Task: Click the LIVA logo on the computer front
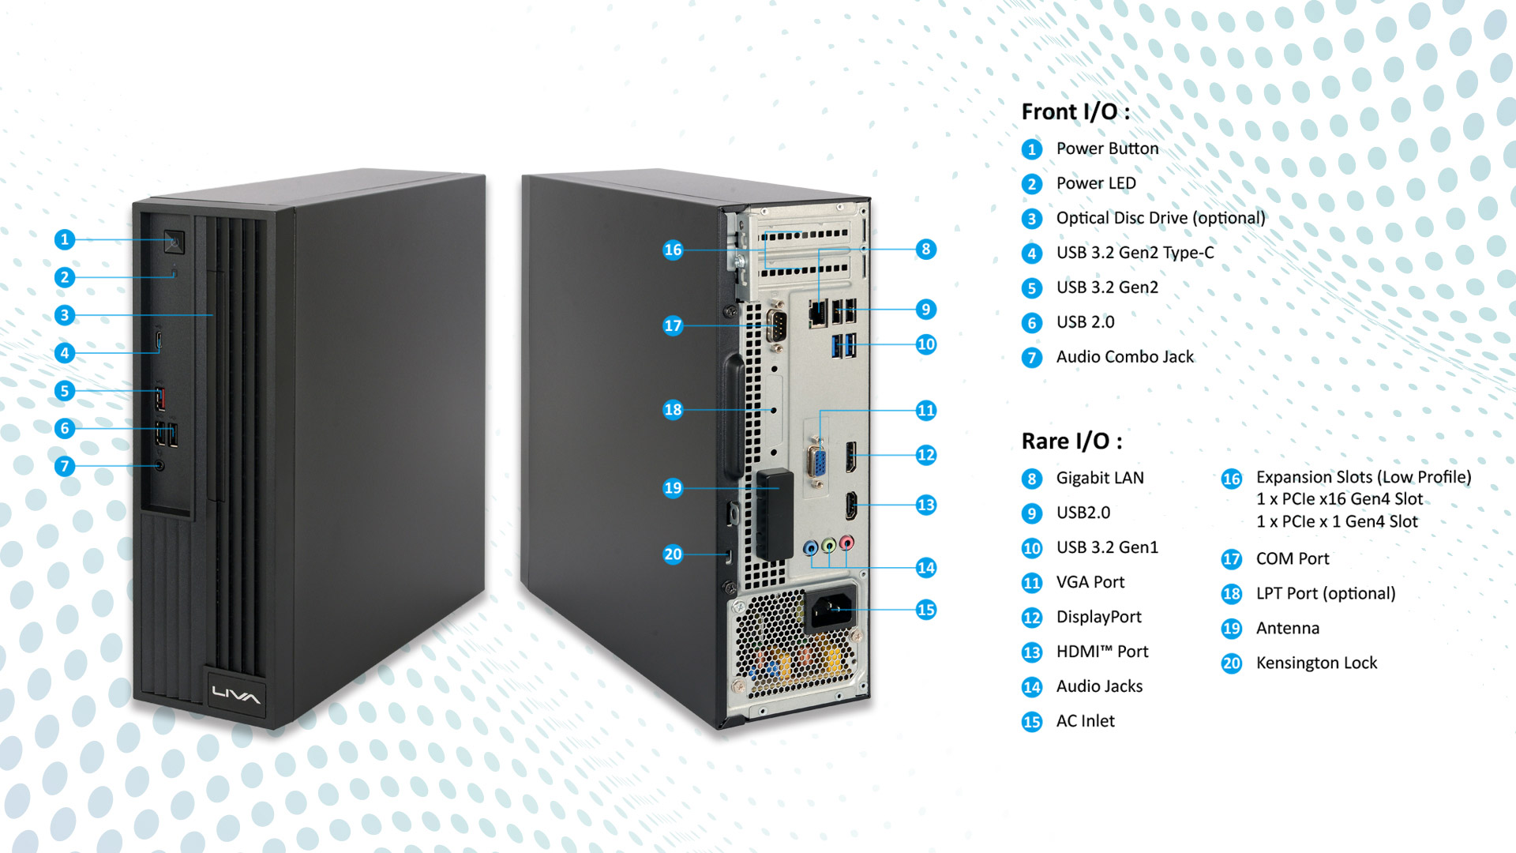[235, 695]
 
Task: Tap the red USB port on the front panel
[160, 397]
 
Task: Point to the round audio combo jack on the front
[160, 465]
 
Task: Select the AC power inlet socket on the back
[831, 609]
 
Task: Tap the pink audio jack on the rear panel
[846, 543]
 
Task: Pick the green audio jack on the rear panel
[828, 545]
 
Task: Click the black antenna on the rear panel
[775, 516]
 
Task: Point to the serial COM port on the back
[775, 325]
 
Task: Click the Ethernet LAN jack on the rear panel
[818, 314]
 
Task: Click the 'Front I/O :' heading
[1075, 111]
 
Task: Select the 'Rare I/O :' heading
[1071, 441]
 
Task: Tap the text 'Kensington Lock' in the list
[1316, 663]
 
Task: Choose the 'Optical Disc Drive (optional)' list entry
[1161, 218]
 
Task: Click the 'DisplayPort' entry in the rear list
[1099, 617]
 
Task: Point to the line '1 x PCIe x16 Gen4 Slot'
[1339, 499]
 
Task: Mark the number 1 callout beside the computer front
[65, 239]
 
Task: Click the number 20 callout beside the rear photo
[673, 554]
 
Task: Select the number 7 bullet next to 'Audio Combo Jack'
[1031, 358]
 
